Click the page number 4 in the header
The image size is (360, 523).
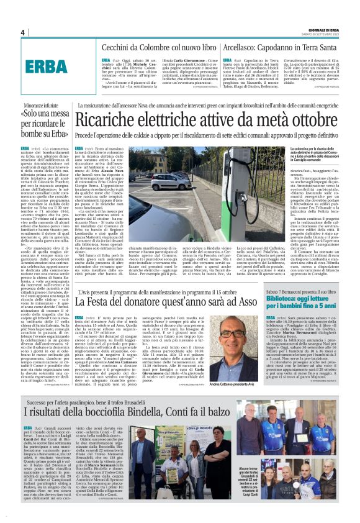[x=22, y=32]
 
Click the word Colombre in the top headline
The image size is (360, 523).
[x=149, y=47]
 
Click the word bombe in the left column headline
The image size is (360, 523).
[x=38, y=132]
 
